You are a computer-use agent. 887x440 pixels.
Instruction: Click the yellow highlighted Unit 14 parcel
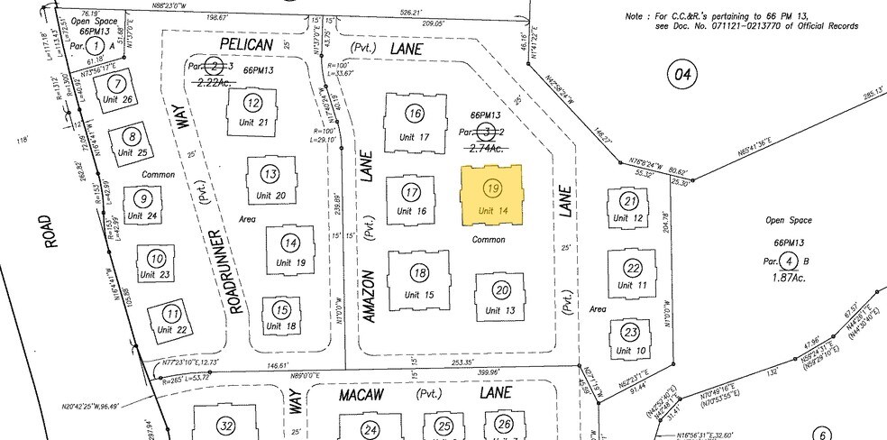(x=491, y=194)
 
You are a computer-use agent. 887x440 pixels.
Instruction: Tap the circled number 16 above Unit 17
(x=414, y=114)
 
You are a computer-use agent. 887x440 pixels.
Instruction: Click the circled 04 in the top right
(x=680, y=75)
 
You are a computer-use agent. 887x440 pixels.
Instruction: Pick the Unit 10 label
(x=628, y=350)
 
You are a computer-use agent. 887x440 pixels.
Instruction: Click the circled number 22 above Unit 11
(x=633, y=268)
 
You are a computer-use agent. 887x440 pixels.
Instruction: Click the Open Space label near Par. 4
(x=788, y=220)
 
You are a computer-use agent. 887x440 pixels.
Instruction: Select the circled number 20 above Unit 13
(x=502, y=289)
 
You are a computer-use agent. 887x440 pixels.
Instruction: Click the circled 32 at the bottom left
(x=226, y=426)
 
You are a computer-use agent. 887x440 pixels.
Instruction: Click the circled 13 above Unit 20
(x=269, y=173)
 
